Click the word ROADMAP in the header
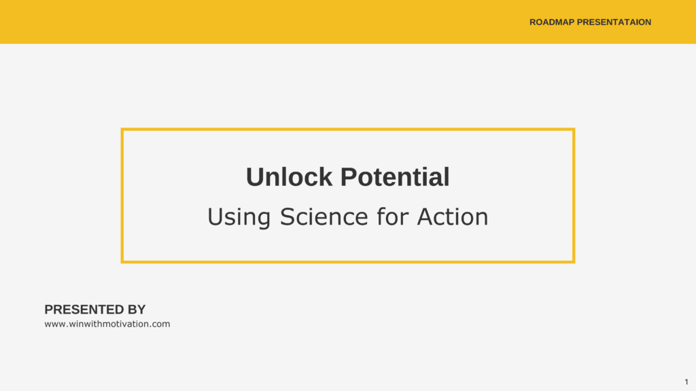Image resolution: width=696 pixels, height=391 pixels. coord(552,22)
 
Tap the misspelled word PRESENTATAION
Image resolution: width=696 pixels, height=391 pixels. coord(614,22)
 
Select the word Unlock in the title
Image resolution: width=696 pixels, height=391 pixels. coord(289,177)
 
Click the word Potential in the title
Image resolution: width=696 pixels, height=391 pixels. coord(395,177)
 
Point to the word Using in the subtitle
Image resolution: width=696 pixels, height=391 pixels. coord(239,217)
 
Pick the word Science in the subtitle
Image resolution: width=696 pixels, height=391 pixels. coord(324,217)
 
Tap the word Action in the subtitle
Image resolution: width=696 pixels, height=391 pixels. coord(452,217)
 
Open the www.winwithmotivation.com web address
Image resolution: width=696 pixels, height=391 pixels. coord(107,324)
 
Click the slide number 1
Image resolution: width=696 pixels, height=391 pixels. coord(686,381)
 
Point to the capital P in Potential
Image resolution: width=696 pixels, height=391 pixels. coord(349,177)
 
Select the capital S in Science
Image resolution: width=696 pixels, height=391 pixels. coord(288,217)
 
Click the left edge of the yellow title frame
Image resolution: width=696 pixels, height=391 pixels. coord(122,195)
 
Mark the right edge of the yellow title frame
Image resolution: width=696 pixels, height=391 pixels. coord(574,195)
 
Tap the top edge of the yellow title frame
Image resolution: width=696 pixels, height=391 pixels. coord(348,130)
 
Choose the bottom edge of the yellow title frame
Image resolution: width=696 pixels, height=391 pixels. coord(348,262)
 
